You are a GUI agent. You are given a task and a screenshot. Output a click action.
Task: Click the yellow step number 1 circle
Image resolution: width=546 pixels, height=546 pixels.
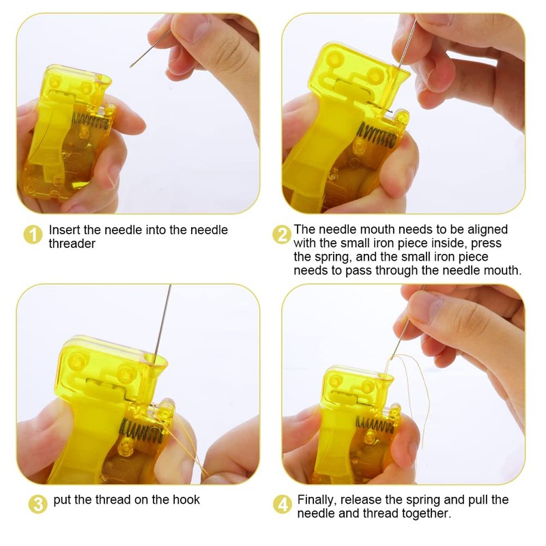[x=33, y=235]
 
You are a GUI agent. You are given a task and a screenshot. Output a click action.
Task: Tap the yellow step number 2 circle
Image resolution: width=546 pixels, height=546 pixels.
[x=281, y=235]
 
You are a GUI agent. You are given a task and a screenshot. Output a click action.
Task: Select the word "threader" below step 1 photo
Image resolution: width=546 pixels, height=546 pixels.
[x=72, y=244]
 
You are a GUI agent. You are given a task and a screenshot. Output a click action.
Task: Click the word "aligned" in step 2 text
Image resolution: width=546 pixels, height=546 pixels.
[x=489, y=230]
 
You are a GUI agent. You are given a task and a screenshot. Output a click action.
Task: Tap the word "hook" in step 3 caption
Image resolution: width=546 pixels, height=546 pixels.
[x=186, y=500]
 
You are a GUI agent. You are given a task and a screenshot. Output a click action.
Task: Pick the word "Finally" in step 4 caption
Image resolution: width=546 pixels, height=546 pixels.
[x=319, y=500]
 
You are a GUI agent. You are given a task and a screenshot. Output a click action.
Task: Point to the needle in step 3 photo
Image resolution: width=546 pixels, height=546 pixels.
[x=164, y=321]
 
